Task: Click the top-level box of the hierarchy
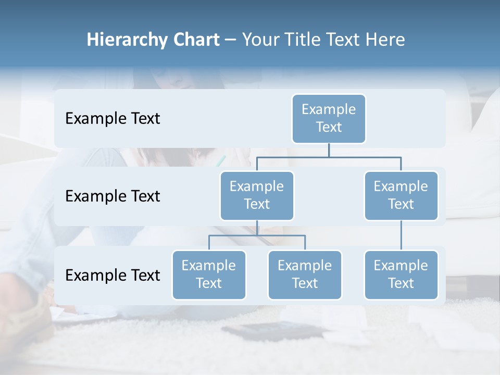329,118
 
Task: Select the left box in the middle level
257,195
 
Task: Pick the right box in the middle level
401,195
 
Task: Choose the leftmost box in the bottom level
209,274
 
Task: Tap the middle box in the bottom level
305,274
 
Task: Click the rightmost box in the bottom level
401,274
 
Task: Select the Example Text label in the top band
113,118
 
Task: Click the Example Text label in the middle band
113,196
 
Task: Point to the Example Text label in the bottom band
113,275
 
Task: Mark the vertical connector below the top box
329,149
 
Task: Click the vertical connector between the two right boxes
401,235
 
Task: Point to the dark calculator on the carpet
260,330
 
